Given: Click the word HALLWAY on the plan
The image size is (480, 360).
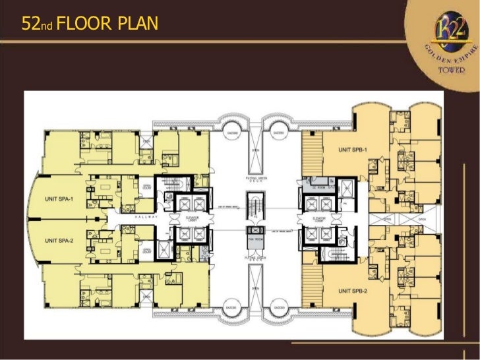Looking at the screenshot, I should (144, 216).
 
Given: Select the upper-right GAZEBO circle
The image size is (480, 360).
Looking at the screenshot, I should (278, 133).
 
